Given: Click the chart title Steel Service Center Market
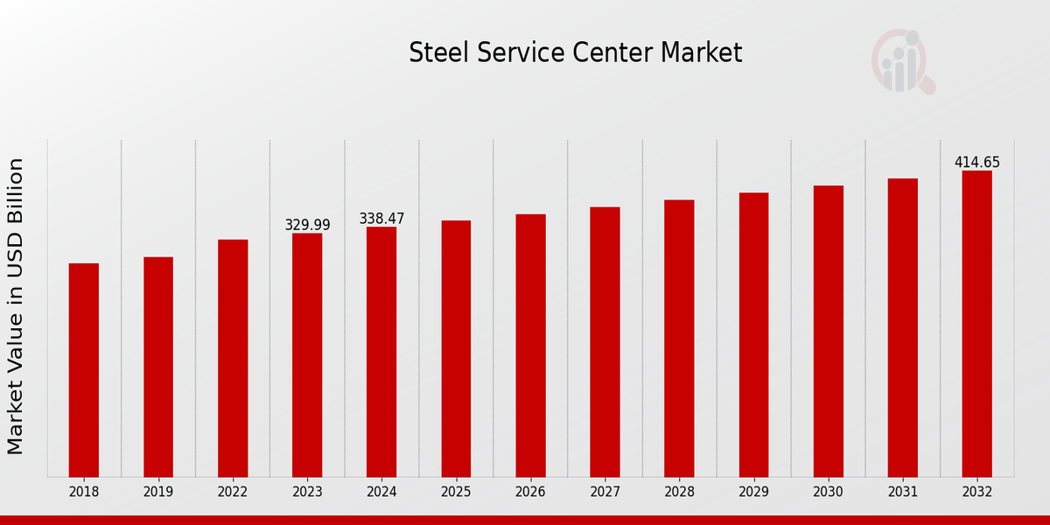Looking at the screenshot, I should coord(575,53).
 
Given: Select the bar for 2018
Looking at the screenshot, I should coord(84,369).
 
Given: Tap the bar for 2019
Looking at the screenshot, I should coord(158,367).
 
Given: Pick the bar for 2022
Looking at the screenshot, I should coord(233,358).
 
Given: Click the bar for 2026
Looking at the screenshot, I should coord(530,345).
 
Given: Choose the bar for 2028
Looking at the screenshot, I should coord(679,338).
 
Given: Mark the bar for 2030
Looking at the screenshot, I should coord(828,331).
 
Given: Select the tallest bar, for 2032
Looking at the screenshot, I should coord(976,324).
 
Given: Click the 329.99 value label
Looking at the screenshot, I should coord(307,225).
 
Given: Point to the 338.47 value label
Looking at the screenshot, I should coord(381,219).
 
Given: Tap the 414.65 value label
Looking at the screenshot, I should coord(976,163).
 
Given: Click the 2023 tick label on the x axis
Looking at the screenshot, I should coord(307,493).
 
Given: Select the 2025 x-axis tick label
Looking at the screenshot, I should coord(456,493).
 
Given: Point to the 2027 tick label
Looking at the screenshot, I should coord(605,493).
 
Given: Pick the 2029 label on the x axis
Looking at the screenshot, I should coord(753,493).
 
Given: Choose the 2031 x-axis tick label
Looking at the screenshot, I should coord(902,493).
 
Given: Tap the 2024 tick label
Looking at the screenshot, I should coord(381,493).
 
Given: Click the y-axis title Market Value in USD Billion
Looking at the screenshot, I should coord(16,306).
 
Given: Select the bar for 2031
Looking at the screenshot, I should coord(902,327).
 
